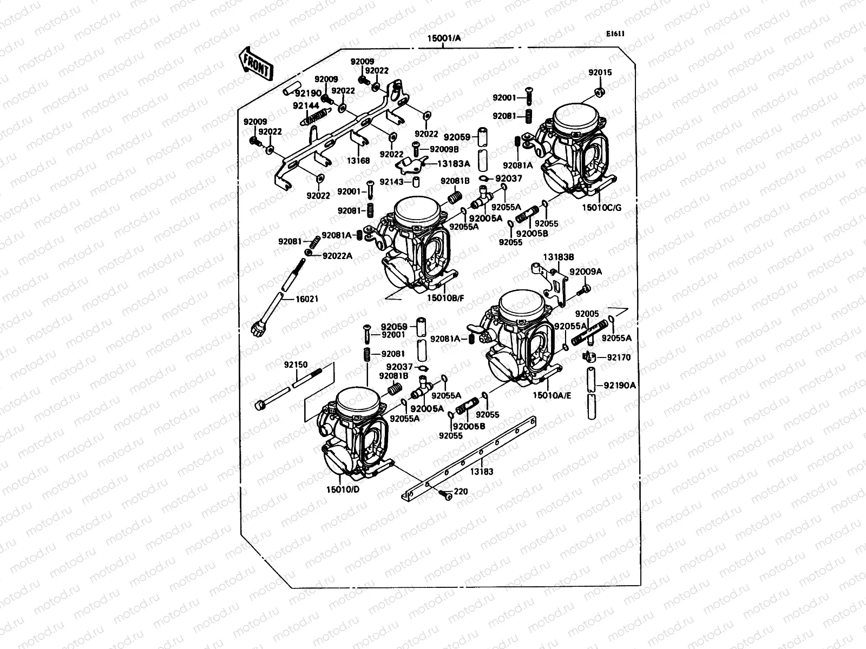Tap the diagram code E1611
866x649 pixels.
615,34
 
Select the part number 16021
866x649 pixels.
306,299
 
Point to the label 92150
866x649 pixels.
296,365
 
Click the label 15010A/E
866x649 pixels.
552,395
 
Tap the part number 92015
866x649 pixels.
600,72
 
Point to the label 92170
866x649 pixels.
619,357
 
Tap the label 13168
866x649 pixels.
358,161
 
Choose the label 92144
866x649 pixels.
306,106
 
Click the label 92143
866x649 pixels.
393,182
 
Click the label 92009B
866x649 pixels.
444,149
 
